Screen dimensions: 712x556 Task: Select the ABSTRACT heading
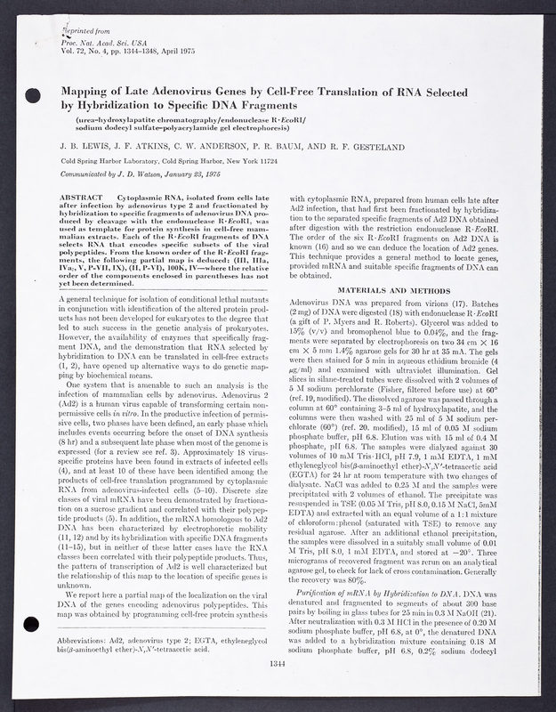tap(87, 194)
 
